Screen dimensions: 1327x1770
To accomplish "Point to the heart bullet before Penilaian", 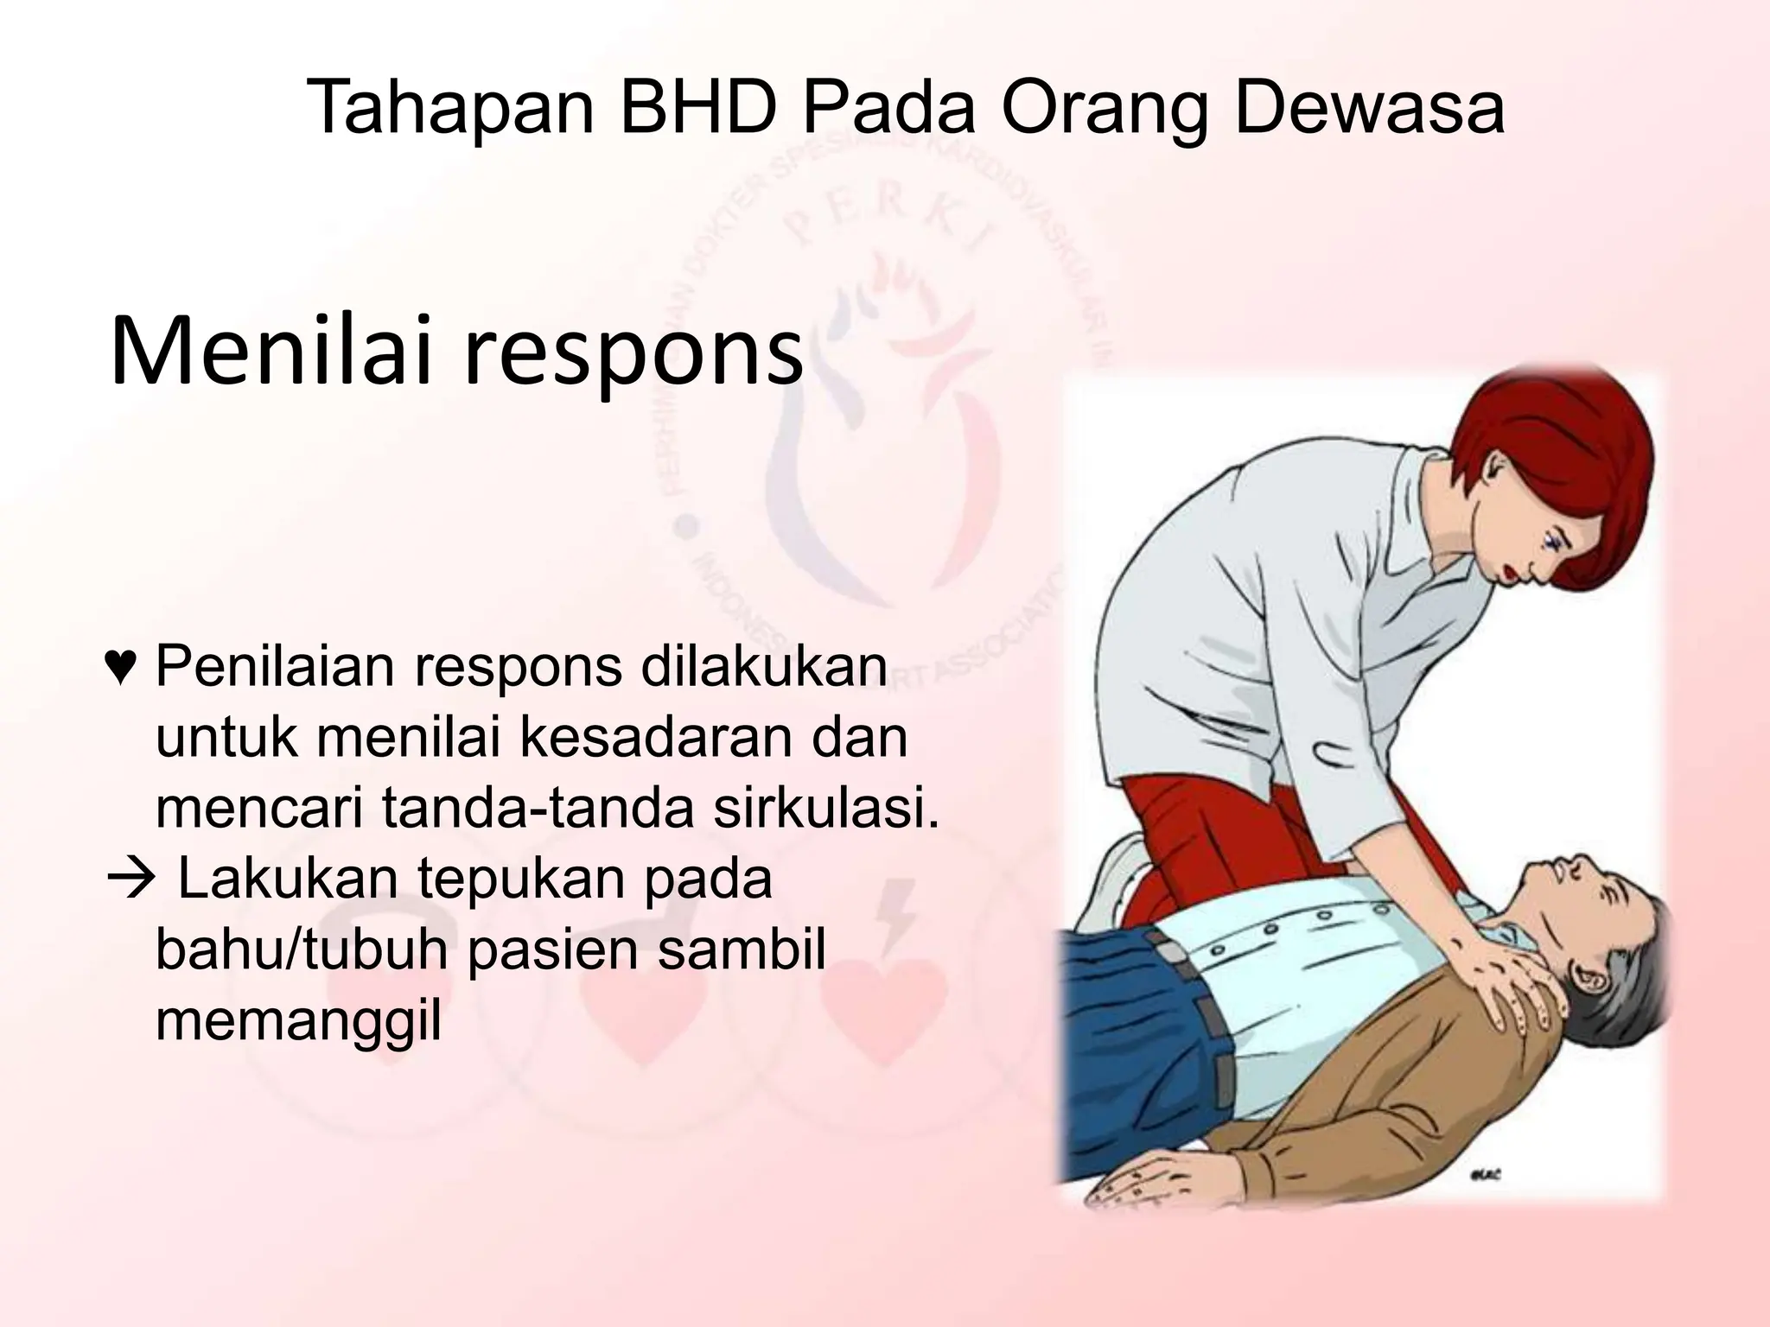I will (119, 667).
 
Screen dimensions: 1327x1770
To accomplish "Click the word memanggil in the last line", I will (298, 1021).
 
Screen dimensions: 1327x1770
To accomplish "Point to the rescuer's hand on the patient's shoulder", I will (1504, 976).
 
